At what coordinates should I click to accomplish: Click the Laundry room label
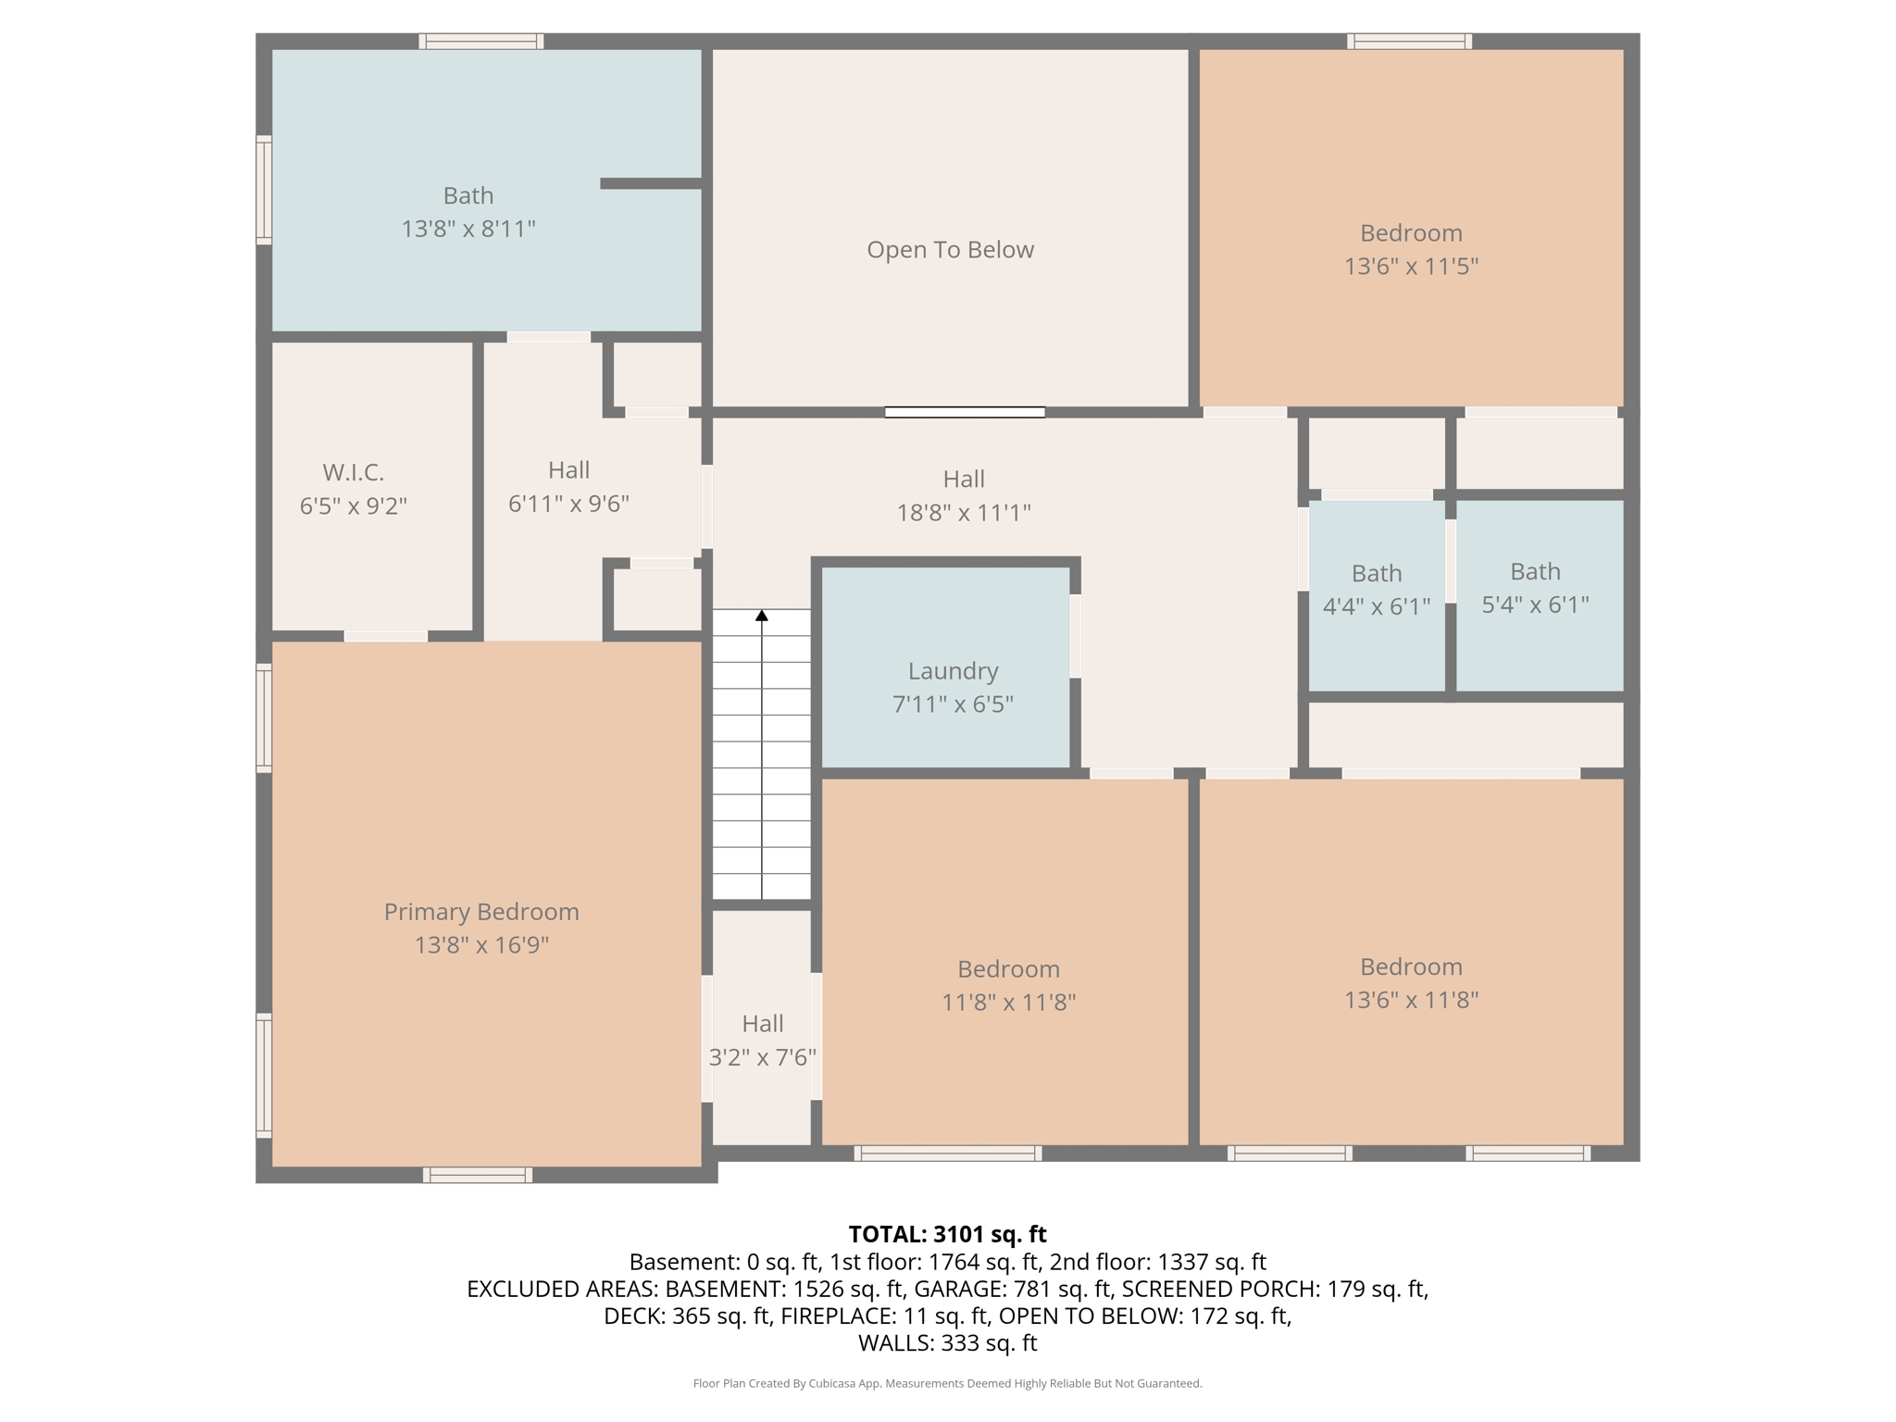[953, 671]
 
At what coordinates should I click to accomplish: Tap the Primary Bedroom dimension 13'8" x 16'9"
[481, 945]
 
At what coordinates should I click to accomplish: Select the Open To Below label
[950, 250]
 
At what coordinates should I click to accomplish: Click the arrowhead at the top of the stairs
[762, 616]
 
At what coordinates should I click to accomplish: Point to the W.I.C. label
[353, 473]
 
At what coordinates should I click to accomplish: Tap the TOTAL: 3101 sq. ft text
[947, 1234]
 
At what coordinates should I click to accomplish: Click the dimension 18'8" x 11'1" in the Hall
[963, 513]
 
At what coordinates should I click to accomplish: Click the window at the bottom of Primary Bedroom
[478, 1175]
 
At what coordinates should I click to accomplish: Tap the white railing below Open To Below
[965, 412]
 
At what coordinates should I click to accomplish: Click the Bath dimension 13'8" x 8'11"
[468, 229]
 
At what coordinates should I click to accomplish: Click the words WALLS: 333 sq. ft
[947, 1343]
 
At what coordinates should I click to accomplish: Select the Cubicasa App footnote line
[947, 1383]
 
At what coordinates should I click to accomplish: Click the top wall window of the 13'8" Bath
[480, 41]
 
